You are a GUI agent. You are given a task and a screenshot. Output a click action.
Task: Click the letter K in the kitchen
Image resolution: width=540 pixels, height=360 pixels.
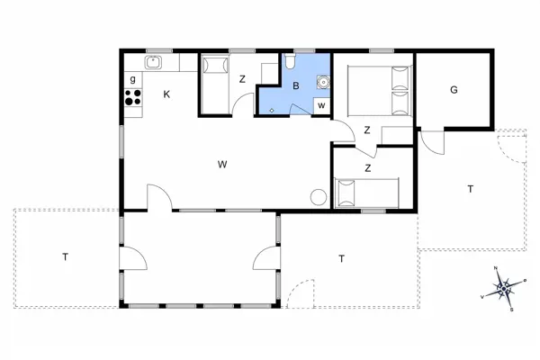click(x=166, y=94)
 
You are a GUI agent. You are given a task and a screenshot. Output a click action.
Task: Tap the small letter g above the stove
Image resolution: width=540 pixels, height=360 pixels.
click(x=133, y=79)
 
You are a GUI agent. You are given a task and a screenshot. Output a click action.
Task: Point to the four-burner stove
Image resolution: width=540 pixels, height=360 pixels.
click(x=133, y=98)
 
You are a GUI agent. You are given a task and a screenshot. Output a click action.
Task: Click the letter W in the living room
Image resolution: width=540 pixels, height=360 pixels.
click(x=221, y=164)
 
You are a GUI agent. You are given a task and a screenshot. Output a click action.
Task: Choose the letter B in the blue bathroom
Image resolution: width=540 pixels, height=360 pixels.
click(x=295, y=86)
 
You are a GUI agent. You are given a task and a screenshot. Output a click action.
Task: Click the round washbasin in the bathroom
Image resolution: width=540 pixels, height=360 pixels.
click(x=322, y=82)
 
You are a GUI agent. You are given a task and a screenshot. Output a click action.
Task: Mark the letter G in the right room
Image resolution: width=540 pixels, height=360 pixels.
click(x=454, y=90)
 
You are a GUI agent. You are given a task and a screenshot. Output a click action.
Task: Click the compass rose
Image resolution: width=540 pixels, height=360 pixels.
click(x=505, y=288)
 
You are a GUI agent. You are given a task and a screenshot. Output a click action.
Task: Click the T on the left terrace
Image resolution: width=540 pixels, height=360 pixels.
click(x=65, y=257)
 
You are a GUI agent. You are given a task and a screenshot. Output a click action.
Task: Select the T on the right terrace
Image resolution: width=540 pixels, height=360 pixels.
click(x=470, y=189)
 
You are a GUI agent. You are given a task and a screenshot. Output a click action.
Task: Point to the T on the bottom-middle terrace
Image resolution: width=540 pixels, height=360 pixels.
click(x=342, y=259)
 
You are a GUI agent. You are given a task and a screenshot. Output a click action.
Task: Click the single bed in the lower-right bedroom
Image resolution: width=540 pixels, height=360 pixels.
click(x=365, y=192)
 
